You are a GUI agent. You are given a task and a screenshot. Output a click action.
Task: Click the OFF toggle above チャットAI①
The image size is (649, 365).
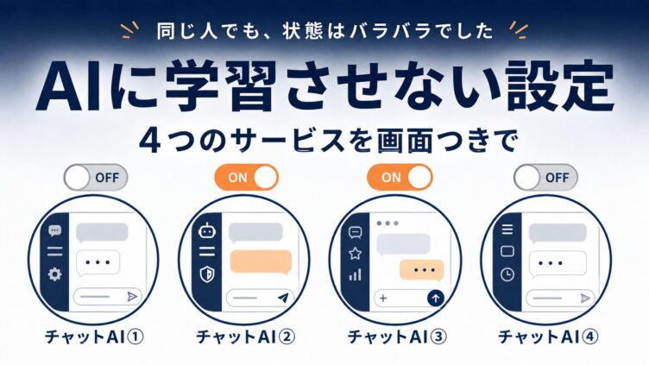tap(96, 178)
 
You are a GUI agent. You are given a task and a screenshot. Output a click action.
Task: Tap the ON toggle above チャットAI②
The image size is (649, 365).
tap(247, 178)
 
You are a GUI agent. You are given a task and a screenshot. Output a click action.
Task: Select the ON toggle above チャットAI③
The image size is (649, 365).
tap(400, 178)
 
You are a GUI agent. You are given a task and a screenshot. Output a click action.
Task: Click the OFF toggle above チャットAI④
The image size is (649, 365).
tap(545, 178)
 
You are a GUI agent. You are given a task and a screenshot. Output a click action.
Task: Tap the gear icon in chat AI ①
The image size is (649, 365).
tap(54, 274)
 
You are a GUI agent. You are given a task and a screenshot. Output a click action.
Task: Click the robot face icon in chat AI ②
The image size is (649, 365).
tap(206, 230)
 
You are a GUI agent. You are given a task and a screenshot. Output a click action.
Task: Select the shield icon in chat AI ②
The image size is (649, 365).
tap(207, 274)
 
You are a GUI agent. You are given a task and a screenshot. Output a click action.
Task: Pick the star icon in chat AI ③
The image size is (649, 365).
tap(355, 254)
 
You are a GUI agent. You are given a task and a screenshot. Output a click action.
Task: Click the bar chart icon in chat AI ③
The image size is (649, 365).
tap(355, 274)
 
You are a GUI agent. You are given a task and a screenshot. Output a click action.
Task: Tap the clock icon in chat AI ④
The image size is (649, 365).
tap(507, 274)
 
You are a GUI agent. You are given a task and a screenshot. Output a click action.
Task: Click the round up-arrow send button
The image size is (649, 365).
tap(436, 298)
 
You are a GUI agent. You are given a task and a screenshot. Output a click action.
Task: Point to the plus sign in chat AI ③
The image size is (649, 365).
tap(383, 298)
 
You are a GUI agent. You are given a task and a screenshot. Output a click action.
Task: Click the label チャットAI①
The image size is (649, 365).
tap(94, 337)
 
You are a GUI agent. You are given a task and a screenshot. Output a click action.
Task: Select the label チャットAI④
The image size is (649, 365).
tap(548, 337)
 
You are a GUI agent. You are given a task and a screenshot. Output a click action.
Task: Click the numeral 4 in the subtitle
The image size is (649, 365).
tap(150, 142)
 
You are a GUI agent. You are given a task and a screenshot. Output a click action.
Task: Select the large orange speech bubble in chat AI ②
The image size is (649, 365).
tap(261, 262)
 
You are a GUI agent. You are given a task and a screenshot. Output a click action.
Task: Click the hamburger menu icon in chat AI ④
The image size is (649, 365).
tap(507, 229)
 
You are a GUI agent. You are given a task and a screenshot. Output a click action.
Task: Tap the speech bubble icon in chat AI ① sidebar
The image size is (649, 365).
tap(54, 230)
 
